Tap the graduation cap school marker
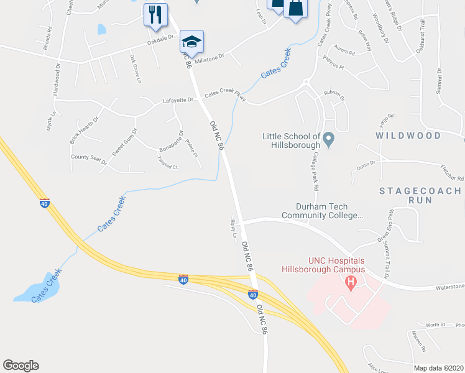click(191, 42)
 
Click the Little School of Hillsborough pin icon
click(329, 138)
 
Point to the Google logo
click(21, 366)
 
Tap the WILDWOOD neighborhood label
click(408, 136)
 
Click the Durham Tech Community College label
click(321, 211)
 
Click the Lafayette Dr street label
click(178, 100)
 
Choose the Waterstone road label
click(449, 287)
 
